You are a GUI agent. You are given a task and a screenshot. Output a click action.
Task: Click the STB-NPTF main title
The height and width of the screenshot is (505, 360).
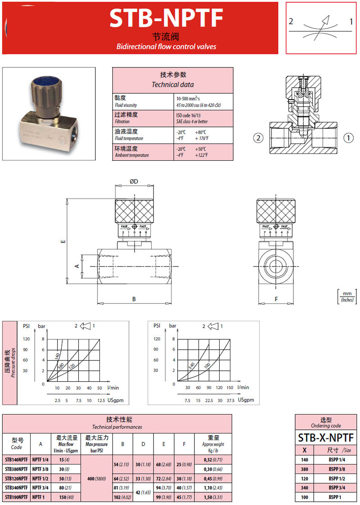tap(166, 18)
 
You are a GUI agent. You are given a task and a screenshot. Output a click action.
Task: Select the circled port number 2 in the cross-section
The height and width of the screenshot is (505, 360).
tap(259, 138)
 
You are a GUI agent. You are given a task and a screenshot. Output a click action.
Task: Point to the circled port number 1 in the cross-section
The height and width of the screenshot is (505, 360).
tap(348, 138)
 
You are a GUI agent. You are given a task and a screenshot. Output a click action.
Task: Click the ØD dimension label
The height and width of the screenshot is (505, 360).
tap(134, 181)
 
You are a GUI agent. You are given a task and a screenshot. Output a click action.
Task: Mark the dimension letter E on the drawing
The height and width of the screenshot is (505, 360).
tap(63, 241)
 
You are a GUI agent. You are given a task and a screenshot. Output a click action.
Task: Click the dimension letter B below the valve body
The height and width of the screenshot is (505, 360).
tap(134, 299)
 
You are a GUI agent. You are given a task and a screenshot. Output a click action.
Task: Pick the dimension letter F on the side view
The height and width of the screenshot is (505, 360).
tap(276, 299)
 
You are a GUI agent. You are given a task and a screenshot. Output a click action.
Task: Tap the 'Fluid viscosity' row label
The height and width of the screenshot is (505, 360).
tap(126, 105)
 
